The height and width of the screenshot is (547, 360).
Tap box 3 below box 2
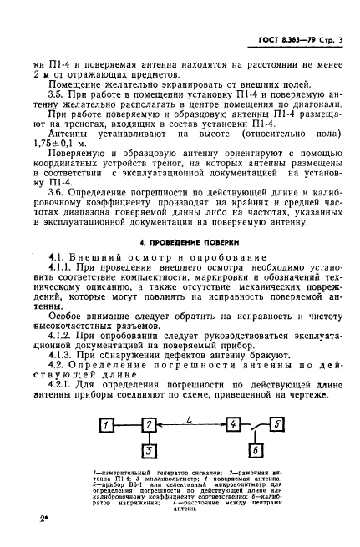pyautogui.click(x=149, y=452)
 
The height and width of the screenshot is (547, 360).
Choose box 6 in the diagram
pyautogui.click(x=256, y=452)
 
